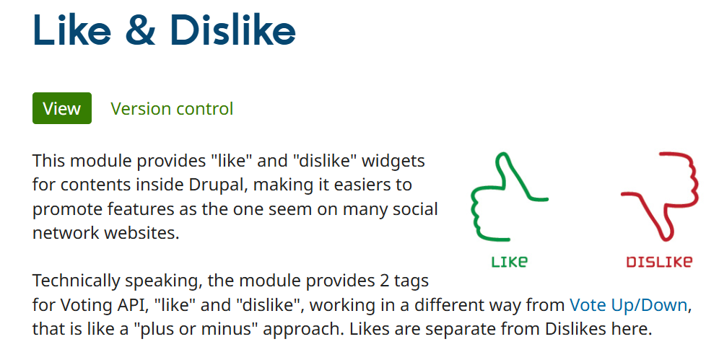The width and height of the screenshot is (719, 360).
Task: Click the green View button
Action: (x=62, y=108)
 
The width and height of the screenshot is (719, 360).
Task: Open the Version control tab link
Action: (x=172, y=108)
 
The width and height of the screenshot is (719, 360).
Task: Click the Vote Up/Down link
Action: (x=628, y=304)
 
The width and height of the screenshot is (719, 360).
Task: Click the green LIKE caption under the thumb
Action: (x=510, y=262)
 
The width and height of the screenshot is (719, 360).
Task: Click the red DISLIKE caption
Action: (x=659, y=262)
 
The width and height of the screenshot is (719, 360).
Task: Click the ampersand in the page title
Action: (x=140, y=30)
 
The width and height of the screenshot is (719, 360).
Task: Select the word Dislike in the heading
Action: (x=232, y=30)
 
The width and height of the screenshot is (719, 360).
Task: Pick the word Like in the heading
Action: (x=72, y=30)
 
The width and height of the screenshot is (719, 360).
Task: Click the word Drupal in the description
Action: (x=218, y=185)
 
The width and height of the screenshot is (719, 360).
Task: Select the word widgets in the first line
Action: (x=393, y=161)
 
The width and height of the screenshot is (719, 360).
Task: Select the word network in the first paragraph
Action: (x=66, y=233)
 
